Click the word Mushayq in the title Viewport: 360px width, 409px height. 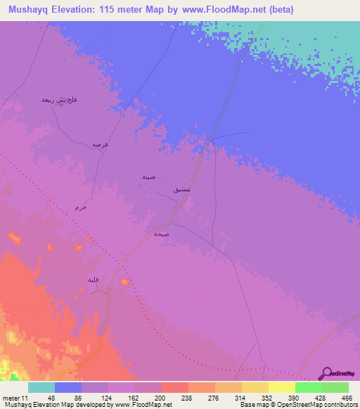click(32, 10)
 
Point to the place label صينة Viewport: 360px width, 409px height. click(148, 178)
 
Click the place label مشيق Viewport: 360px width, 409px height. click(181, 190)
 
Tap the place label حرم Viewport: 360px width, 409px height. click(81, 208)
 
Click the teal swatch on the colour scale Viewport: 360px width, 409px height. click(41, 387)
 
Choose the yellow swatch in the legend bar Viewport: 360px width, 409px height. click(282, 387)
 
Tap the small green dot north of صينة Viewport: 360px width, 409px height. click(161, 148)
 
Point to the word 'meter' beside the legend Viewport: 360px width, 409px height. click(10, 397)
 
